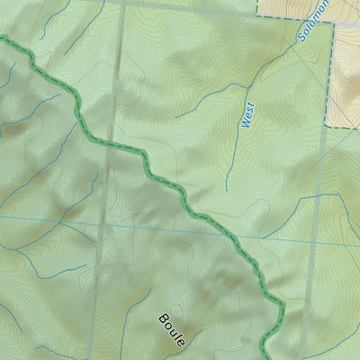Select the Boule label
click(x=172, y=330)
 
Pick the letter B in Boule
click(x=164, y=319)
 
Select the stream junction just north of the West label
click(x=247, y=87)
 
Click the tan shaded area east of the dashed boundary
click(x=347, y=81)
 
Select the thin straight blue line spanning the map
click(x=54, y=218)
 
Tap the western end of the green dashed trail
click(x=3, y=39)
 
